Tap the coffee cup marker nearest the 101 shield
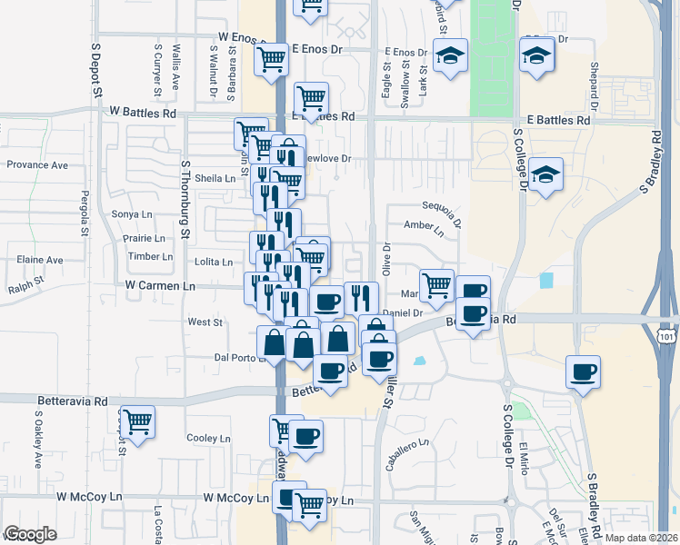coord(583,371)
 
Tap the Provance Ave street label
coord(37,165)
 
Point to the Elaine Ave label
coord(40,260)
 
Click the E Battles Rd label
coord(557,120)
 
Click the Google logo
coord(30,534)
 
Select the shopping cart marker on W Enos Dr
coord(271,60)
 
